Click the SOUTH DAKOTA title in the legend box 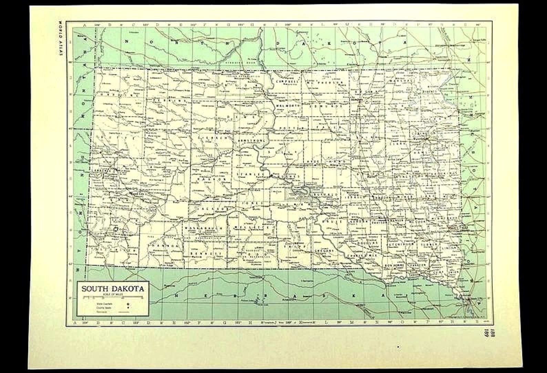[x=113, y=288]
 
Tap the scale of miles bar [x=113, y=296]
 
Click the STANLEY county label [x=248, y=175]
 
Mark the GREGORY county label [x=324, y=251]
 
